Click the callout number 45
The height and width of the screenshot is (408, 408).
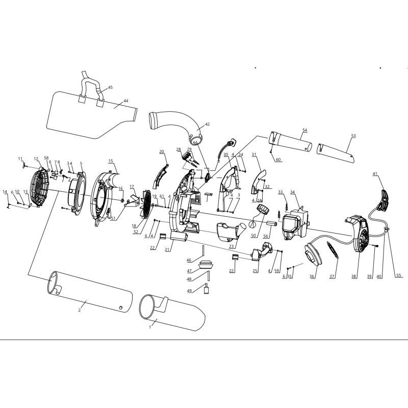(110, 87)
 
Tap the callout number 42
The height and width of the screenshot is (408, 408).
(207, 124)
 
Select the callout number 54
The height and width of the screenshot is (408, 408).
(304, 130)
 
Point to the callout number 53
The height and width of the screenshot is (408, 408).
(353, 136)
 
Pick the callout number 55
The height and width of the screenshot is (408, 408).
(399, 275)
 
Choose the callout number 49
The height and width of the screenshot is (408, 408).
(189, 291)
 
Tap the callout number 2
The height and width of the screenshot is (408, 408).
(80, 310)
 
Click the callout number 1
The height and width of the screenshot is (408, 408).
(150, 327)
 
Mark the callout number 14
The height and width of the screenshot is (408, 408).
(5, 192)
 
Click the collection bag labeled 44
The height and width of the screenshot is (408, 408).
(91, 114)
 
